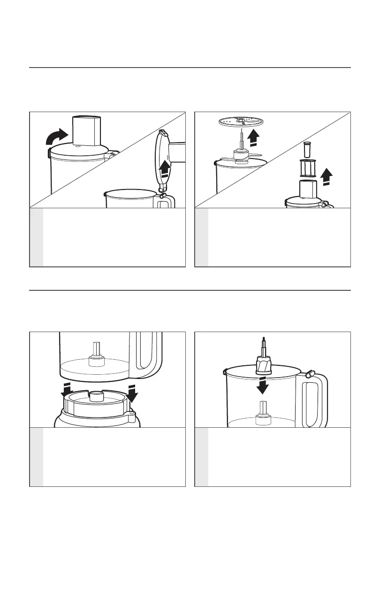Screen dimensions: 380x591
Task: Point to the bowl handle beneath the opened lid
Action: click(x=167, y=201)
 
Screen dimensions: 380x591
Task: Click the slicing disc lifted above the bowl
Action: click(x=242, y=121)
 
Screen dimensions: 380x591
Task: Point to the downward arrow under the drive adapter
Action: click(x=264, y=384)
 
